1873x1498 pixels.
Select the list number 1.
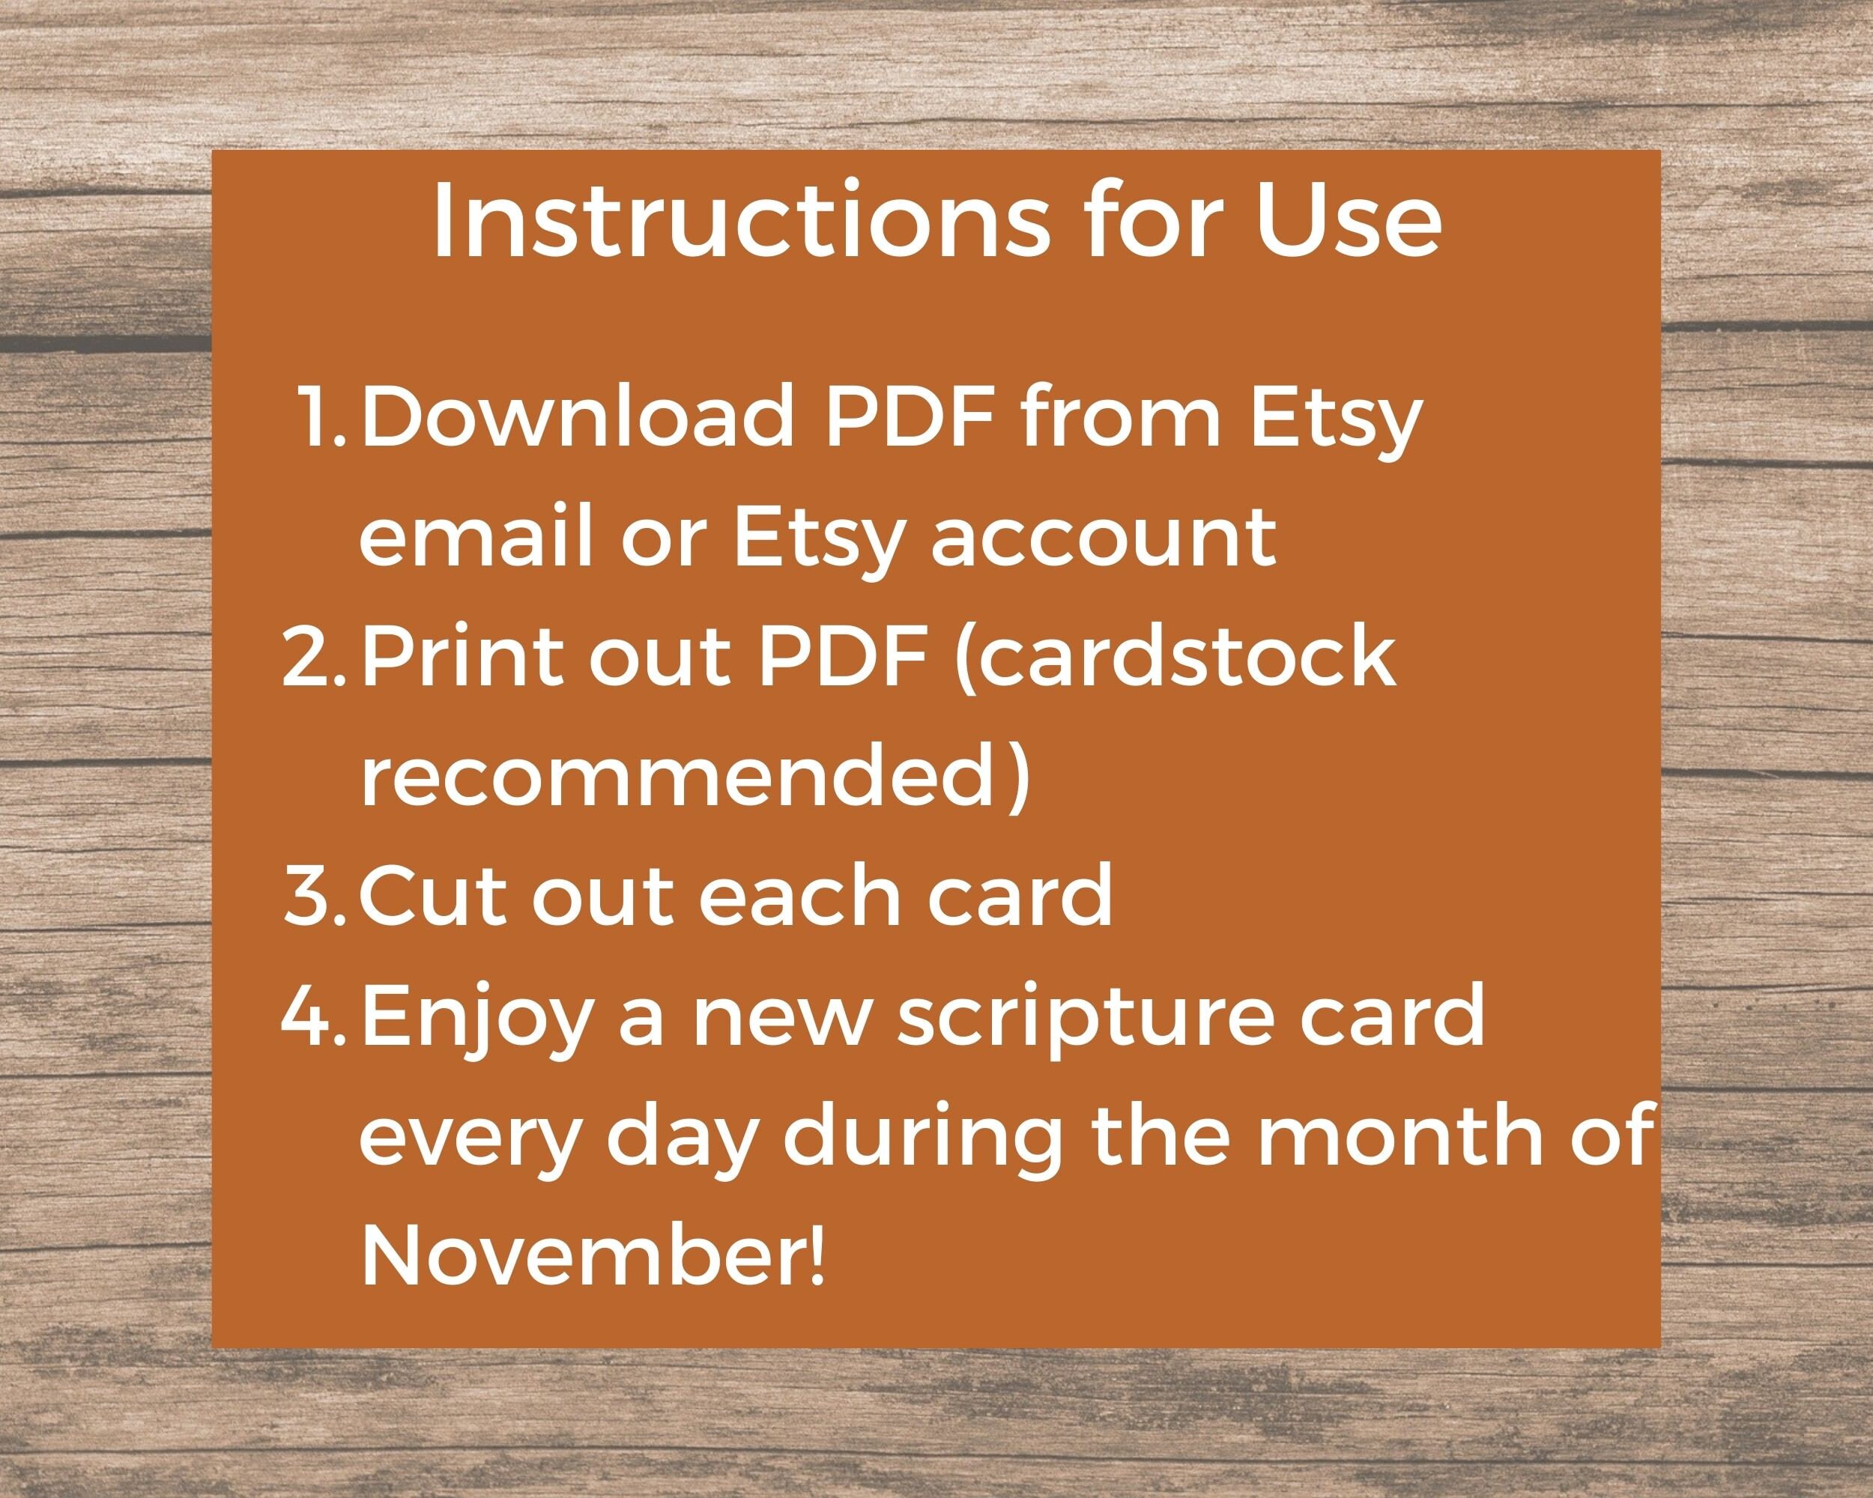[x=321, y=415]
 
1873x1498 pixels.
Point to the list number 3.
[x=315, y=894]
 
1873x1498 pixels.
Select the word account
[x=1104, y=537]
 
